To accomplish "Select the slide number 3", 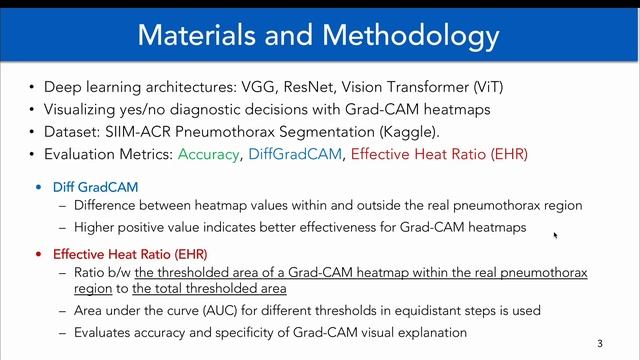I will [600, 344].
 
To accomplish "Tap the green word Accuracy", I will [207, 154].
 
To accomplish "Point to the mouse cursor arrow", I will [555, 235].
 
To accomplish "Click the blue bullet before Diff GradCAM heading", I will [40, 188].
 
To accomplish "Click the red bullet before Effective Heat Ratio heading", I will [40, 254].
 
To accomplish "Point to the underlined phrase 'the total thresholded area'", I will [209, 289].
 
